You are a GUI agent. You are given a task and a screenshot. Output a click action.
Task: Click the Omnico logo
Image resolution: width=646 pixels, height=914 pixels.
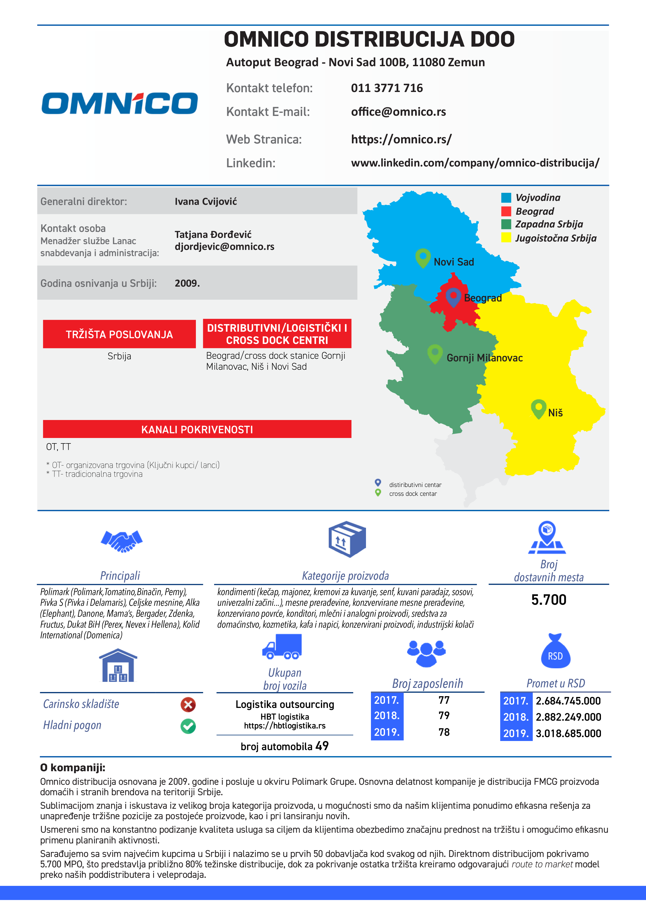point(119,103)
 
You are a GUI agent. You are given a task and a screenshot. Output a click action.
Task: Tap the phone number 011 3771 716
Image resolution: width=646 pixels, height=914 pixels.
point(387,88)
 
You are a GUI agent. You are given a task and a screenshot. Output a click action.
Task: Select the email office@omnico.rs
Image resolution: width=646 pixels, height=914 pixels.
point(398,112)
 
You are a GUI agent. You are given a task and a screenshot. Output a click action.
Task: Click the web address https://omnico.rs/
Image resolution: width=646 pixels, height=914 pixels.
point(401,139)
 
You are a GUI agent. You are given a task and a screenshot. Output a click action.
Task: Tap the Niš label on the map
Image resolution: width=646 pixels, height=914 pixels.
point(555,413)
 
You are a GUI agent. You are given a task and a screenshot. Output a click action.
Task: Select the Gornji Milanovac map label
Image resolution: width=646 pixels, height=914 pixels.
point(484,358)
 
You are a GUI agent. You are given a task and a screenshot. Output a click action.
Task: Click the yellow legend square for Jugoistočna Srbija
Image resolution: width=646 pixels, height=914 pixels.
point(506,238)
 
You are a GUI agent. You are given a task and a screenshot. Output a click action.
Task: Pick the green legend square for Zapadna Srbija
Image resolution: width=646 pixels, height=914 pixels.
point(506,224)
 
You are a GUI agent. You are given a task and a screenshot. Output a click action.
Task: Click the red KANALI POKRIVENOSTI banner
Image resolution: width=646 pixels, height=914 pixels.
point(197,429)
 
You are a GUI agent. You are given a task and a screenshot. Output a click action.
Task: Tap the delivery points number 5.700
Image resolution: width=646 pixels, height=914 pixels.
point(549,600)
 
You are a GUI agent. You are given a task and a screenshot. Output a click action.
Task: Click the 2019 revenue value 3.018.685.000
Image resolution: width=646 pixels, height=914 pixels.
point(568,733)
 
